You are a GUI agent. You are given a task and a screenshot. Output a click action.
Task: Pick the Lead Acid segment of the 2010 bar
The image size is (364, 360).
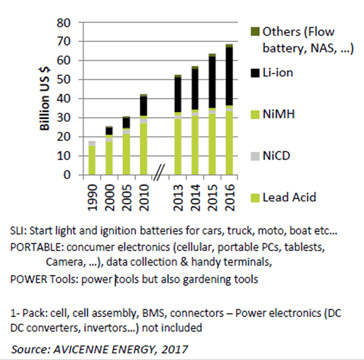point(143,149)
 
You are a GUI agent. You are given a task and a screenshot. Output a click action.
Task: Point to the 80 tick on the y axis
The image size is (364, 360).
point(66,23)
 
